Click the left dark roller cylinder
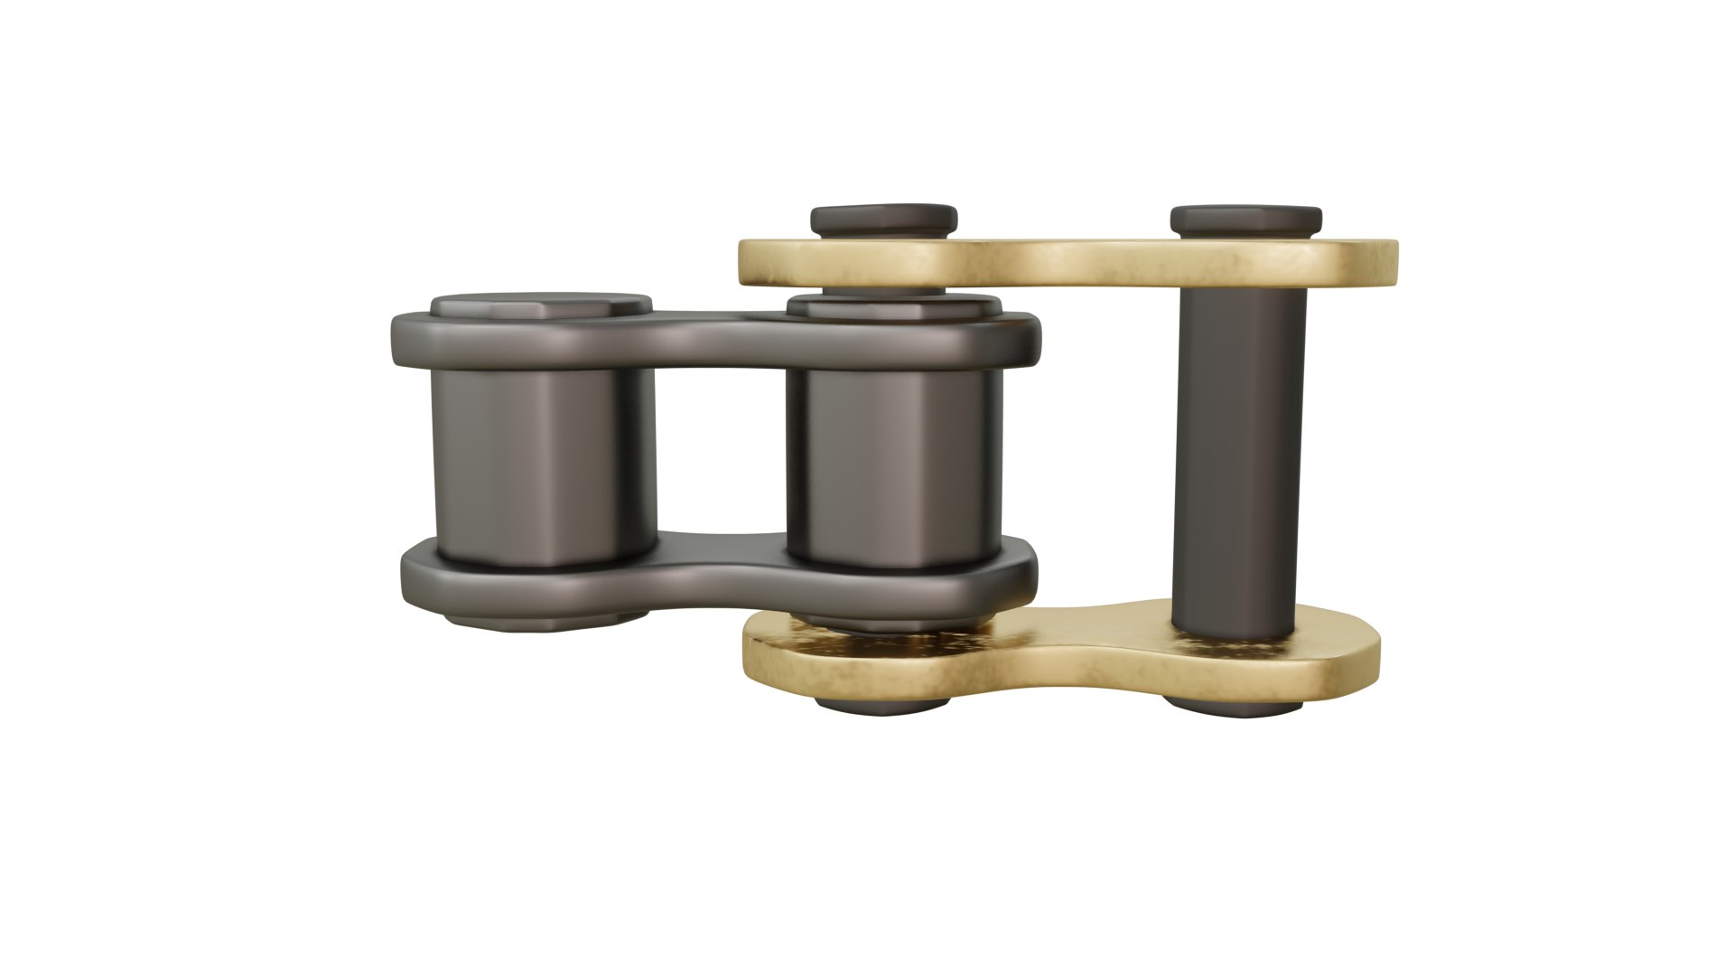(542, 465)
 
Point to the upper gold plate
(1066, 262)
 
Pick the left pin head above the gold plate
(883, 220)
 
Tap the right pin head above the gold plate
(1245, 220)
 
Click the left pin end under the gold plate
(881, 704)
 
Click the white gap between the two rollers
(721, 452)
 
